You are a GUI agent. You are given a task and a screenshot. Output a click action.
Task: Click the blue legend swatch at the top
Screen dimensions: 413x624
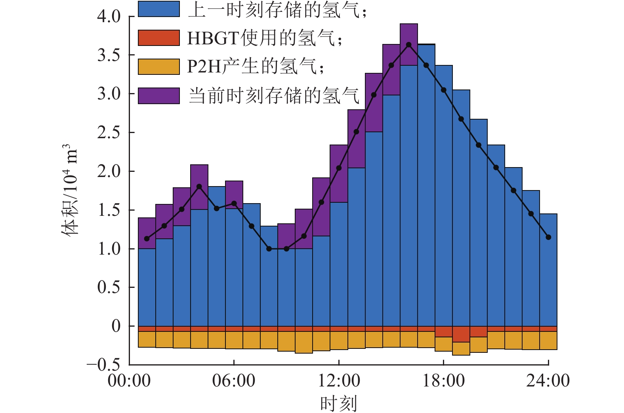point(158,9)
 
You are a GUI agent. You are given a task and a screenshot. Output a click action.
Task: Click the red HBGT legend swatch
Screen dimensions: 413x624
point(158,38)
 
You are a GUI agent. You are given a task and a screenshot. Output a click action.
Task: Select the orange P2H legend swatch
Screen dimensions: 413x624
point(158,67)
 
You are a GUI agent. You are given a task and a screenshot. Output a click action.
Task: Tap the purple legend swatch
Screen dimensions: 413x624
point(158,96)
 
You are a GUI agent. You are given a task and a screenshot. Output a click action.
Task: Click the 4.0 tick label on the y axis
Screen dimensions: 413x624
point(109,17)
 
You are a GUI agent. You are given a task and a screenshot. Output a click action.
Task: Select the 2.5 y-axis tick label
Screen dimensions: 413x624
point(109,133)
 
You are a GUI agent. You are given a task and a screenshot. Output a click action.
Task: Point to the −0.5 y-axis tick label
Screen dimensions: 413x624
point(103,364)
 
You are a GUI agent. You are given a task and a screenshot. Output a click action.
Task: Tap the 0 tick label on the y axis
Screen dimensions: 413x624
point(116,326)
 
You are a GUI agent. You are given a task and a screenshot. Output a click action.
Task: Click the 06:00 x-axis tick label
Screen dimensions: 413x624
point(234,381)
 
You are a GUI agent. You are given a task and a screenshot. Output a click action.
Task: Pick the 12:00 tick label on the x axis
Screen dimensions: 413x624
point(339,381)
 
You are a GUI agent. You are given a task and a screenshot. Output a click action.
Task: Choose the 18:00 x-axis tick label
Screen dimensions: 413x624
point(443,381)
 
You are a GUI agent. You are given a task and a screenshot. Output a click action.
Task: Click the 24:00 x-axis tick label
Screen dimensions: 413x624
point(548,381)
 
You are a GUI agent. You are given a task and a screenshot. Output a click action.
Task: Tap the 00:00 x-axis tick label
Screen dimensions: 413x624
point(129,381)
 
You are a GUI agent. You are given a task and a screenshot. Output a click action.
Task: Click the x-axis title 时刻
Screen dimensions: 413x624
point(338,403)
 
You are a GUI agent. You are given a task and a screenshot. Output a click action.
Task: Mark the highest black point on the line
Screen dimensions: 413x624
point(408,45)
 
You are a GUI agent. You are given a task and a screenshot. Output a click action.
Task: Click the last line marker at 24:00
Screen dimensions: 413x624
point(548,237)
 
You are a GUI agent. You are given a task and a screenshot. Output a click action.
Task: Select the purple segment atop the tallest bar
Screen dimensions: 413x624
point(408,44)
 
